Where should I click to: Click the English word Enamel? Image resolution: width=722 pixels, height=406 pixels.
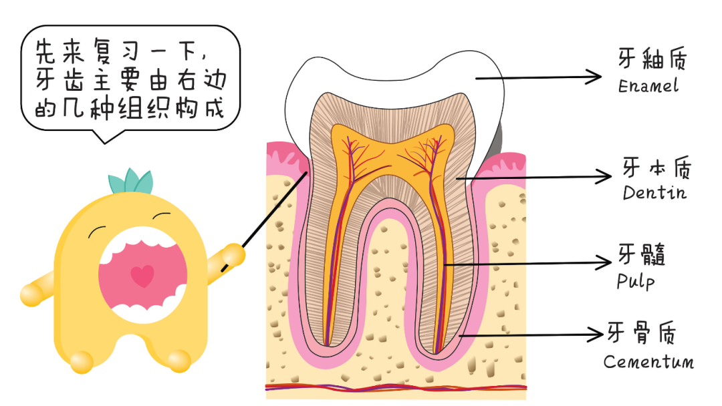pyautogui.click(x=648, y=86)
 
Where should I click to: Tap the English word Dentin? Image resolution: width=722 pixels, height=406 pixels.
pyautogui.click(x=654, y=193)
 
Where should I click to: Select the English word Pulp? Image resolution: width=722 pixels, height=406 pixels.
pyautogui.click(x=636, y=280)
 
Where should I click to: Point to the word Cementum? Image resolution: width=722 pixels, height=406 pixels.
pyautogui.click(x=648, y=362)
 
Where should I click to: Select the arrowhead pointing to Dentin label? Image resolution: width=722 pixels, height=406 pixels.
pyautogui.click(x=604, y=177)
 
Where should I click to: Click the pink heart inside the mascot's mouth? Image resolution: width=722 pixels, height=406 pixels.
pyautogui.click(x=142, y=275)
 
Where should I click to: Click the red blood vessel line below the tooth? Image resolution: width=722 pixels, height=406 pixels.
pyautogui.click(x=394, y=387)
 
